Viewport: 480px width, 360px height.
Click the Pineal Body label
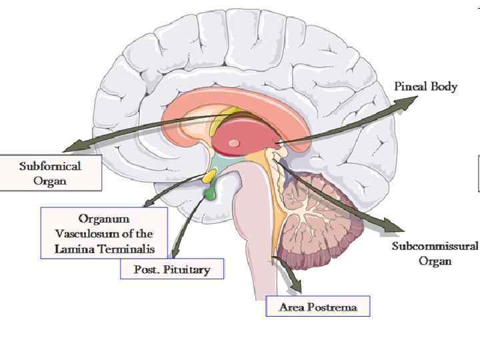pos(426,87)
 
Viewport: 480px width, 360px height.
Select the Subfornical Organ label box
pos(51,173)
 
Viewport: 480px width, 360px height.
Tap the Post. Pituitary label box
pos(171,269)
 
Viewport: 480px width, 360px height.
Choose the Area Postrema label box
pos(317,307)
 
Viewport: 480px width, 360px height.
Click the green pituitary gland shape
pos(211,194)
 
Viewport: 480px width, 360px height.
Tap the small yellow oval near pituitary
pos(209,176)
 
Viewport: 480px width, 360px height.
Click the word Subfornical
pos(51,165)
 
